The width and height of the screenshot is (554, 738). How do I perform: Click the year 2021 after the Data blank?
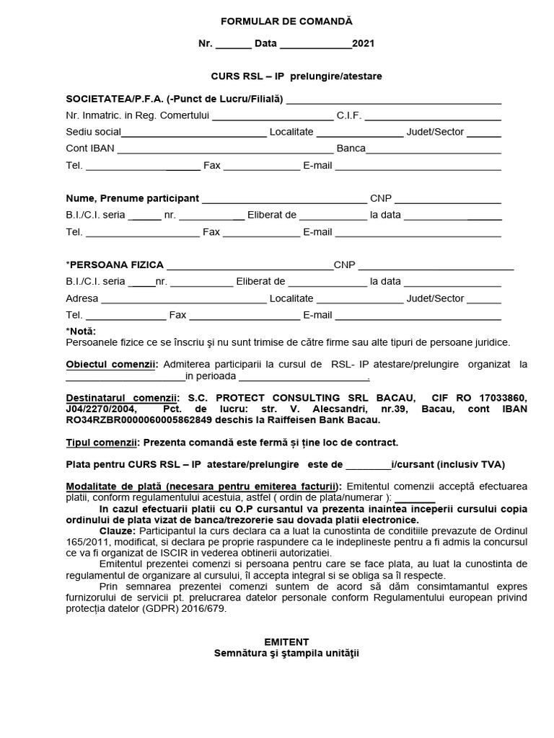click(x=363, y=43)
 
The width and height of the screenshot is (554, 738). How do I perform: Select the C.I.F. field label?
click(x=348, y=115)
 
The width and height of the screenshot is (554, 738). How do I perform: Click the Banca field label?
click(x=351, y=149)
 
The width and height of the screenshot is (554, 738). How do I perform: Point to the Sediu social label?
click(x=93, y=132)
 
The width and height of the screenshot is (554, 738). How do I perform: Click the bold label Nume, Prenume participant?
click(x=132, y=198)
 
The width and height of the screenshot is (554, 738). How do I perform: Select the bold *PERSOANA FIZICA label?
click(x=115, y=265)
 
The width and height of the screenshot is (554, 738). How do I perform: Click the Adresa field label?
click(x=82, y=298)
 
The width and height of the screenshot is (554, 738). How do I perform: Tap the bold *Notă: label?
click(x=80, y=331)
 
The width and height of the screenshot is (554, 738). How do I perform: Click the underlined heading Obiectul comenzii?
click(x=110, y=365)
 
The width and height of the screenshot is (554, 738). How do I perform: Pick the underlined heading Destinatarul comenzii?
click(x=121, y=398)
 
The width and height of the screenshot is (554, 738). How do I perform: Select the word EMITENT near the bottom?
click(x=286, y=641)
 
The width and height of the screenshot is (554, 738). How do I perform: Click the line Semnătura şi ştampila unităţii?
click(x=286, y=654)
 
